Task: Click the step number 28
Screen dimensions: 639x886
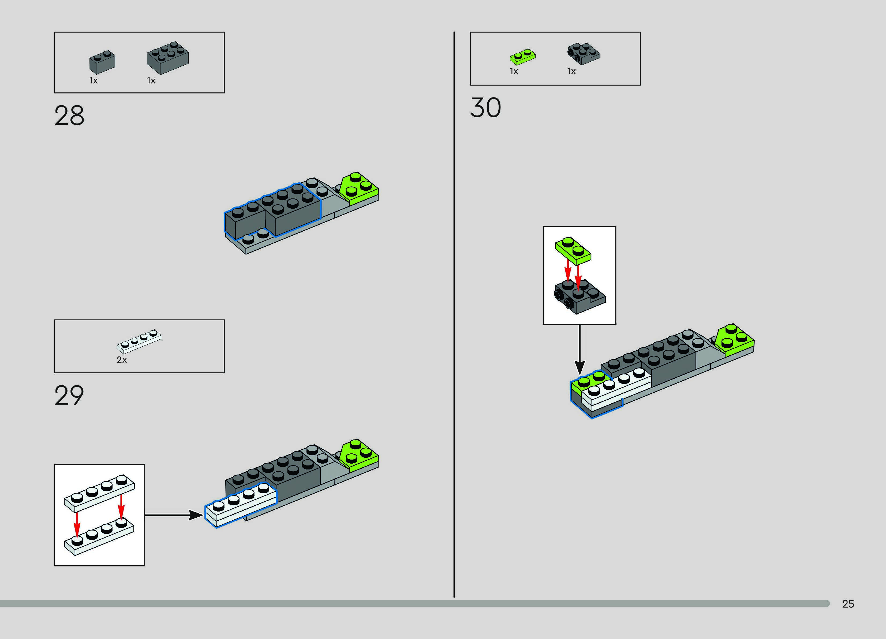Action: click(x=69, y=116)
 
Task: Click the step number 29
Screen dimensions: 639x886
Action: click(x=69, y=395)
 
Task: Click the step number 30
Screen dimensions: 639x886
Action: click(x=485, y=108)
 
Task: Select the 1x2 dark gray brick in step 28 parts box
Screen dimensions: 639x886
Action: click(x=102, y=62)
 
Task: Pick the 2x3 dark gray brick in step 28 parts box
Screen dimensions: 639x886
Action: click(x=168, y=58)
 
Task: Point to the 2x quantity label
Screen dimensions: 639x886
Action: click(x=121, y=360)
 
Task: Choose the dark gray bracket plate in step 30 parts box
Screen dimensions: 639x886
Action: click(x=584, y=54)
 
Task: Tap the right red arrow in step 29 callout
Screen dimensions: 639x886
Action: click(x=121, y=506)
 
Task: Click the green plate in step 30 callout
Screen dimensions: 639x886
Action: click(x=573, y=250)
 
